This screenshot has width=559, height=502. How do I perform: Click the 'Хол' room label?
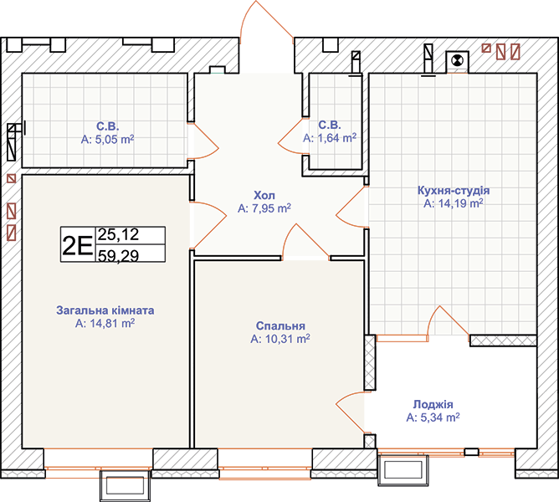point(264,196)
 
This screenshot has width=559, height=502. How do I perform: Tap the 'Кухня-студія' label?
point(454,191)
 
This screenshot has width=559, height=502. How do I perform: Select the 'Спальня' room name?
point(280,325)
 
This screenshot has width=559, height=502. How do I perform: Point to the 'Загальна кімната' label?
point(105,310)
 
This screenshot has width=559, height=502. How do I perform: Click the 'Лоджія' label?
point(433,405)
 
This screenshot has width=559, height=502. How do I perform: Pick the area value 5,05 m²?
point(107,139)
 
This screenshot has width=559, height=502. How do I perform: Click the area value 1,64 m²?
point(330,137)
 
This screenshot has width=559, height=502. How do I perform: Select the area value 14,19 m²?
point(454,203)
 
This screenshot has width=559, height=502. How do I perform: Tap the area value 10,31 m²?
point(280,339)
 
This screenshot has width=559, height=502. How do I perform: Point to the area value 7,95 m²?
point(264,208)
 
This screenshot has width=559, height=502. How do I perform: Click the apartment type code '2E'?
point(77,245)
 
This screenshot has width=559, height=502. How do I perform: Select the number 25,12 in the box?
point(118,234)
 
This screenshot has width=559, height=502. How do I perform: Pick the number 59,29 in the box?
point(118,255)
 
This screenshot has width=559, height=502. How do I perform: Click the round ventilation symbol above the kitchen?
point(457,60)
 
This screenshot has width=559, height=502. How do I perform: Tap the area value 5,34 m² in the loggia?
point(433,417)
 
